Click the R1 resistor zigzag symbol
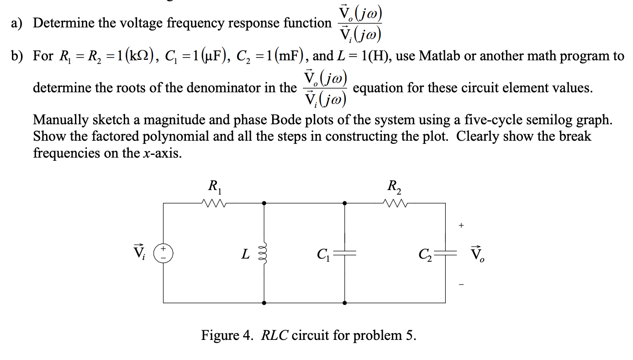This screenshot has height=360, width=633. [213, 202]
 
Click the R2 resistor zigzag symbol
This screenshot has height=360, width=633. [395, 202]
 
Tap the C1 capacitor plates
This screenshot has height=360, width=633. [345, 253]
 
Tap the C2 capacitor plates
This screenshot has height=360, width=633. [446, 253]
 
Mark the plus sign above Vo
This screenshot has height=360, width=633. [461, 225]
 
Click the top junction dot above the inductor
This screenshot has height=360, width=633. [264, 203]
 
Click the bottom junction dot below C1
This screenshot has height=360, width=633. [345, 302]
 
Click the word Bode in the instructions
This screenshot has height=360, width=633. [286, 120]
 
